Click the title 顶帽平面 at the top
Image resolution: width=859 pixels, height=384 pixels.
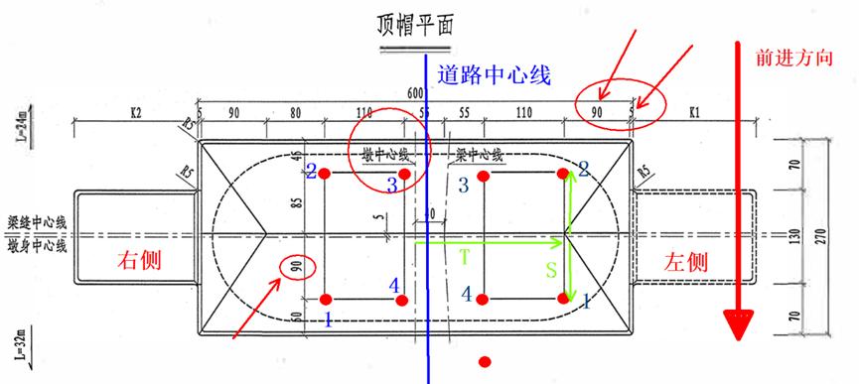point(414,25)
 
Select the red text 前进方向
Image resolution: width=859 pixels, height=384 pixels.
point(794,58)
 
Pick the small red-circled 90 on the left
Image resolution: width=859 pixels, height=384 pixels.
point(297,267)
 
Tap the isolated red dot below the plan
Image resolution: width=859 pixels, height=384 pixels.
point(485,360)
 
